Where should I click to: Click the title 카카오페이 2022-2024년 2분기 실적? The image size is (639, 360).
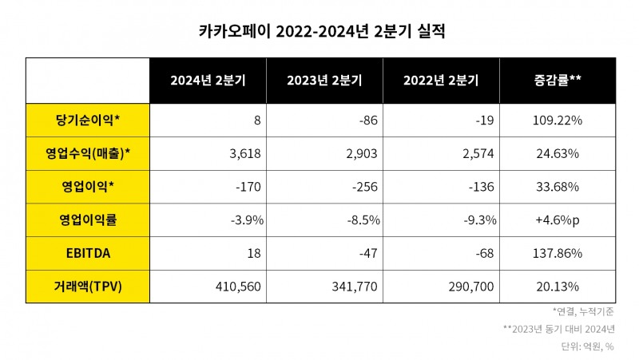pyautogui.click(x=319, y=32)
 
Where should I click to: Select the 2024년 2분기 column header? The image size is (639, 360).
pyautogui.click(x=207, y=80)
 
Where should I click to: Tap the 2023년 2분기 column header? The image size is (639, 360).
pyautogui.click(x=323, y=80)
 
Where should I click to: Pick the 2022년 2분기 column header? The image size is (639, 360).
pyautogui.click(x=440, y=80)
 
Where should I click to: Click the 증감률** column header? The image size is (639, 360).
pyautogui.click(x=557, y=80)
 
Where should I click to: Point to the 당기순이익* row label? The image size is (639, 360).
pyautogui.click(x=87, y=120)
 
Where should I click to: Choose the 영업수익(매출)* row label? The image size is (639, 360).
pyautogui.click(x=87, y=152)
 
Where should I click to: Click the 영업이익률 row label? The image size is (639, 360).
pyautogui.click(x=87, y=220)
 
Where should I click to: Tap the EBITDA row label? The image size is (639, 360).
pyautogui.click(x=87, y=253)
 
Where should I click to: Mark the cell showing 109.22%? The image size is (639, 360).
pyautogui.click(x=556, y=120)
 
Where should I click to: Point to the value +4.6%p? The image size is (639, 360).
pyautogui.click(x=556, y=220)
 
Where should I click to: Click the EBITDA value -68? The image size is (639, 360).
pyautogui.click(x=485, y=253)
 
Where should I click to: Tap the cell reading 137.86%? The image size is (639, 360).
pyautogui.click(x=556, y=253)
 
